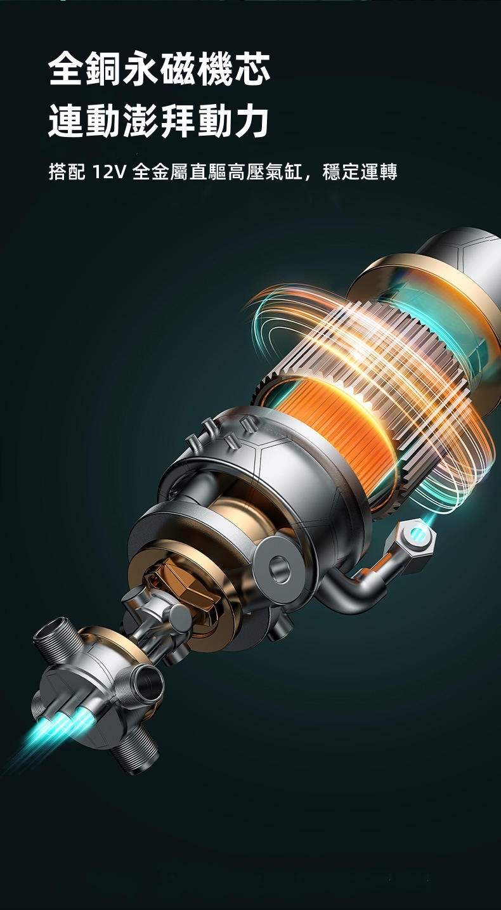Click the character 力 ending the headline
coord(252,120)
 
